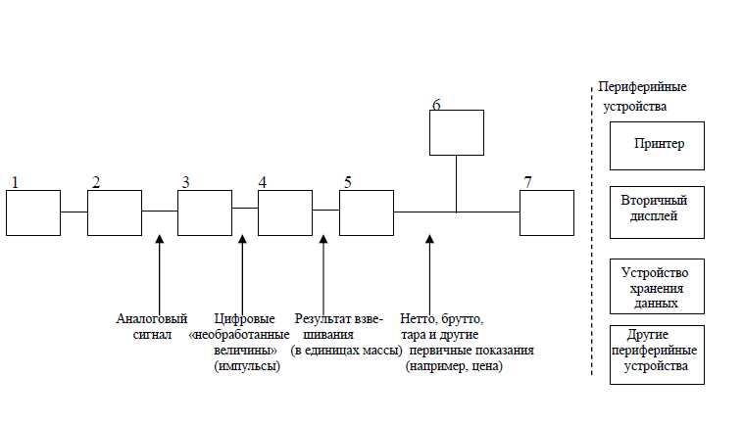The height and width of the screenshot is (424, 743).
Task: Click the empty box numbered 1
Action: [x=33, y=212]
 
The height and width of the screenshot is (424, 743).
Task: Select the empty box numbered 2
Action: [x=115, y=212]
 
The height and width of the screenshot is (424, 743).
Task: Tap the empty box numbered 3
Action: [x=204, y=212]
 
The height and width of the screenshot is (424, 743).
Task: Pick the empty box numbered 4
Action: [x=285, y=212]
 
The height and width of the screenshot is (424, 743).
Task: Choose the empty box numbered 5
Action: [x=366, y=212]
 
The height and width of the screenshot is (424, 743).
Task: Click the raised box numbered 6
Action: [x=457, y=132]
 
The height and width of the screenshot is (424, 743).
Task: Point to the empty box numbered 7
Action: [x=546, y=212]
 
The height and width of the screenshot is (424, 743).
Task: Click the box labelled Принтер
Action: [x=657, y=145]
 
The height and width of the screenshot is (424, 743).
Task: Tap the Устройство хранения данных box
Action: [x=657, y=285]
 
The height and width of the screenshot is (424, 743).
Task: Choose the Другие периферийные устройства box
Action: [x=657, y=354]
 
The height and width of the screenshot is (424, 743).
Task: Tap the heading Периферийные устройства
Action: [x=641, y=96]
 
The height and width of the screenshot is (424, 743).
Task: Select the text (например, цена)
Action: [x=453, y=367]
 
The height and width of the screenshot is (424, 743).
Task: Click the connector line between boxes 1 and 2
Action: [x=74, y=211]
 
